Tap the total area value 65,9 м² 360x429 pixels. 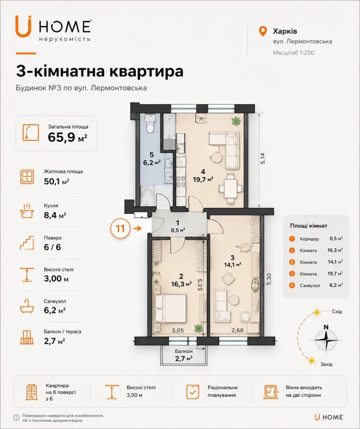67,137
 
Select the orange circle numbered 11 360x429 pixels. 120,228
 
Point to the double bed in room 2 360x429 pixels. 170,308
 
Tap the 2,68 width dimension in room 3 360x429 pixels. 237,330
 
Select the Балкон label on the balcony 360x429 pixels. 184,351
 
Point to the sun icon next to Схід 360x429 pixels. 317,313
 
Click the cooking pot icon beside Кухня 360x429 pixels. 27,211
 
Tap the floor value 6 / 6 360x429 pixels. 52,247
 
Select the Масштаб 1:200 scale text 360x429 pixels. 294,53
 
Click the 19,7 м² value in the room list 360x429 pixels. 335,274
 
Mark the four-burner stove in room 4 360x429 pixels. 180,181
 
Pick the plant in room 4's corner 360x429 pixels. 236,121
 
